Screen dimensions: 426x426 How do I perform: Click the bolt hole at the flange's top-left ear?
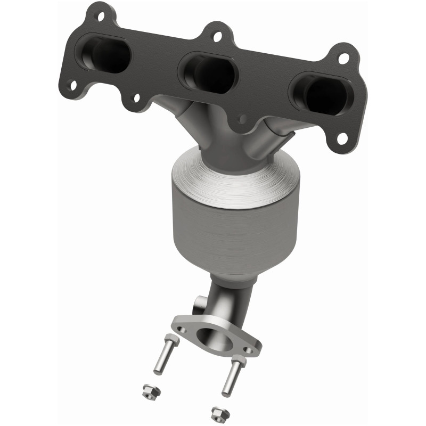click(101, 16)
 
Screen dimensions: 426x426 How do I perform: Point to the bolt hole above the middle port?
click(217, 36)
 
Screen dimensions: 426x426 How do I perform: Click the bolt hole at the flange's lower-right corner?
click(342, 140)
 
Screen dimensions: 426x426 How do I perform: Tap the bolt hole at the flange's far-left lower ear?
click(71, 85)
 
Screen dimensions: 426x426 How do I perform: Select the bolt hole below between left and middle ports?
click(136, 98)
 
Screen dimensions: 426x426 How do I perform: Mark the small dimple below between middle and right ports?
click(243, 120)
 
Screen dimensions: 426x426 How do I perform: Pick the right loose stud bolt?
click(232, 378)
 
